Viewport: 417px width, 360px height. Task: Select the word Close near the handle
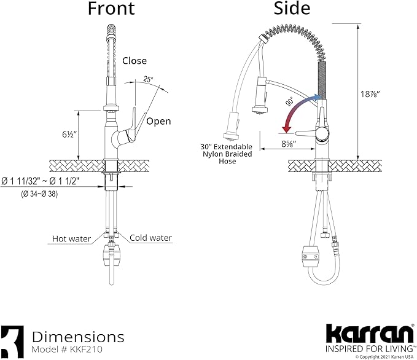(134, 60)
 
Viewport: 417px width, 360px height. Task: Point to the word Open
(158, 121)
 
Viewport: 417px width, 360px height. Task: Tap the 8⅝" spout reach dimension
(287, 144)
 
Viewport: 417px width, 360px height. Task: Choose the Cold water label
(150, 238)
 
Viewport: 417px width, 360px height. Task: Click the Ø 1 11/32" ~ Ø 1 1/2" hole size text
(49, 182)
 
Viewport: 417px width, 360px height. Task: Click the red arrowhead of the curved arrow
(285, 129)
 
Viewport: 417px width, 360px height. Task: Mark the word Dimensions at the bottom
(78, 337)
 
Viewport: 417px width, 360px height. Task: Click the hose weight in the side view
(308, 252)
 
